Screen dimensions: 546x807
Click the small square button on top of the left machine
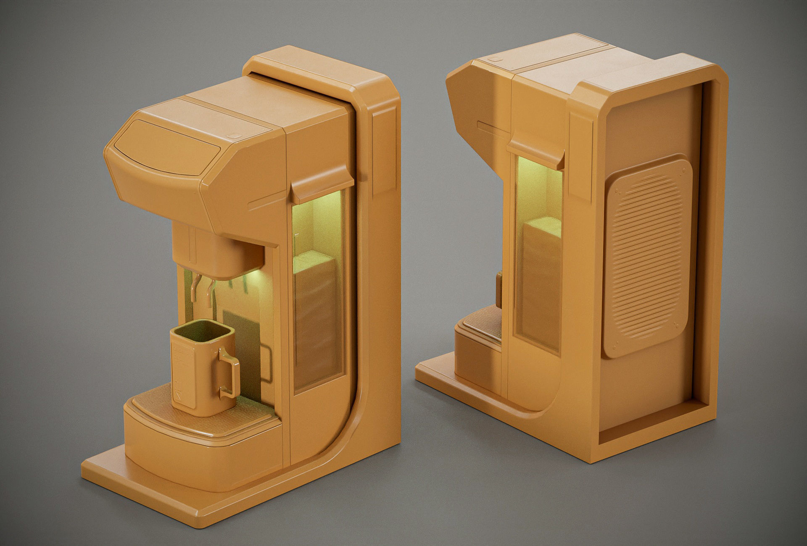[x=233, y=136]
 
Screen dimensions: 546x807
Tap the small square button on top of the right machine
[x=495, y=59]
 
